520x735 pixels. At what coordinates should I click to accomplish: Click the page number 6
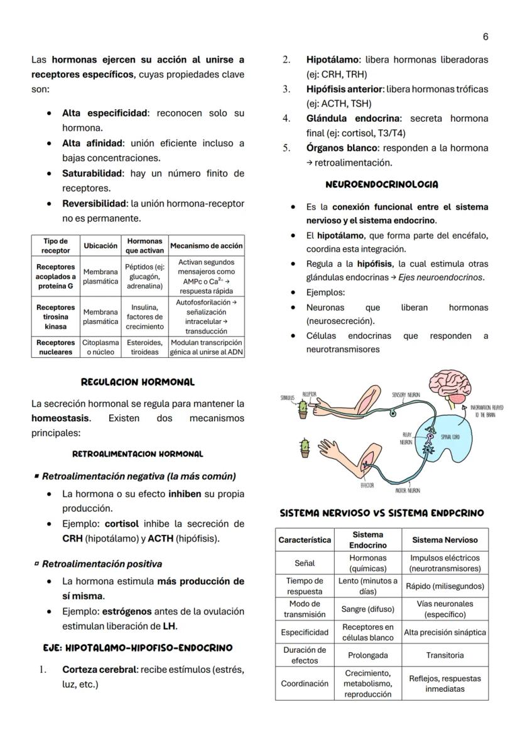[x=485, y=37]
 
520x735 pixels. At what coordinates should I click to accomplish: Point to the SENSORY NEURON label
[x=406, y=395]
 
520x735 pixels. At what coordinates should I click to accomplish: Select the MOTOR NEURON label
[x=408, y=490]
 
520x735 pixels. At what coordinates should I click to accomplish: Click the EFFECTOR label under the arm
[x=367, y=485]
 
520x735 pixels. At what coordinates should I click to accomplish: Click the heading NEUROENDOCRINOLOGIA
[x=382, y=185]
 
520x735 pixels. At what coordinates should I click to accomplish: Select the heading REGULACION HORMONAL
[x=138, y=382]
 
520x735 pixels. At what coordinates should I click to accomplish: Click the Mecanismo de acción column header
[x=206, y=246]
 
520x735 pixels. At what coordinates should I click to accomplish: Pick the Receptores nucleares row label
[x=55, y=347]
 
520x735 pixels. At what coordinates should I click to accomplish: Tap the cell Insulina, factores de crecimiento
[x=144, y=317]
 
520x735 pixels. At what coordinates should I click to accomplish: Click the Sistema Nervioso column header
[x=445, y=540]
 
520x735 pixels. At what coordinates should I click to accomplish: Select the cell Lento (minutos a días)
[x=367, y=586]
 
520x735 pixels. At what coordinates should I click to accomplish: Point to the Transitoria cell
[x=445, y=655]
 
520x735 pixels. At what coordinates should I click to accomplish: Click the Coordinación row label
[x=305, y=684]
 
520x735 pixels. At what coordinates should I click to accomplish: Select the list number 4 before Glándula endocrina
[x=286, y=119]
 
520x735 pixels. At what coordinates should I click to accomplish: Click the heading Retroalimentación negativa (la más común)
[x=139, y=476]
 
